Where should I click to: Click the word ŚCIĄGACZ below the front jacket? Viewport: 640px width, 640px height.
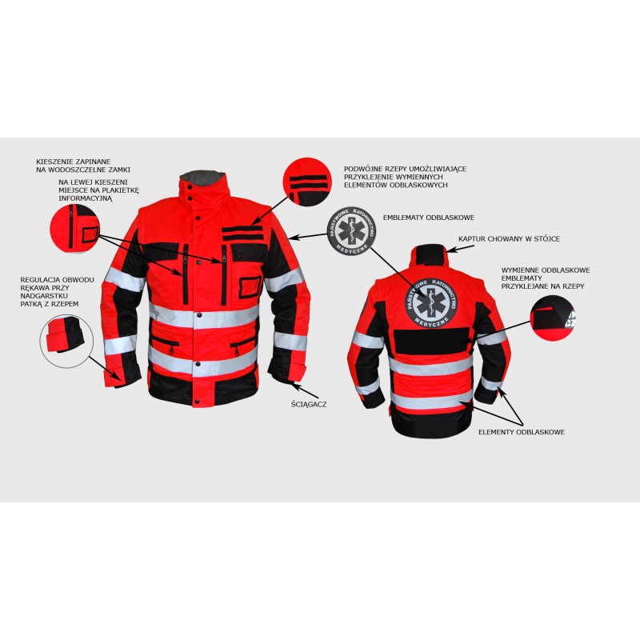pyautogui.click(x=309, y=405)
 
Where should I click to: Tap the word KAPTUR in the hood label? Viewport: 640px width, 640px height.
pyautogui.click(x=472, y=238)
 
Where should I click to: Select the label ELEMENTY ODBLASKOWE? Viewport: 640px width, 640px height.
pyautogui.click(x=522, y=432)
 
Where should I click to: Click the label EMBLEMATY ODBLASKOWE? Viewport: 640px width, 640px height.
pyautogui.click(x=429, y=218)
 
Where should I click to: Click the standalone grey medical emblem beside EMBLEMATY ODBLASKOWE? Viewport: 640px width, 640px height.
pyautogui.click(x=351, y=230)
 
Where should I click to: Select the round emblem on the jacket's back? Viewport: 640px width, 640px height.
pyautogui.click(x=431, y=302)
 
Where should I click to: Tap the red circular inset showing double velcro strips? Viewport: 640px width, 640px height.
pyautogui.click(x=308, y=182)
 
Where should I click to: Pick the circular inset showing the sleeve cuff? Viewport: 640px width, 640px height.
pyautogui.click(x=66, y=342)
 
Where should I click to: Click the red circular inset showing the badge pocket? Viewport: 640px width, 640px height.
pyautogui.click(x=74, y=229)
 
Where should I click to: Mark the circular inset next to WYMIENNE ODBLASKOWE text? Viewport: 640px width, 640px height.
pyautogui.click(x=552, y=318)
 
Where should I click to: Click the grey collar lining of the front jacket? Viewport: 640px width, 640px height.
pyautogui.click(x=203, y=177)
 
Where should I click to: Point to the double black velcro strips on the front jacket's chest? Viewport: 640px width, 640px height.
pyautogui.click(x=242, y=232)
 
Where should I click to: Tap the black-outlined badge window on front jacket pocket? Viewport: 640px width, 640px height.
pyautogui.click(x=250, y=286)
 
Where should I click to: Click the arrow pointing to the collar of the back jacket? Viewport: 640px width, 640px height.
pyautogui.click(x=460, y=249)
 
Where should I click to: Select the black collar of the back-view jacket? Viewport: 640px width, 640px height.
pyautogui.click(x=431, y=252)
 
